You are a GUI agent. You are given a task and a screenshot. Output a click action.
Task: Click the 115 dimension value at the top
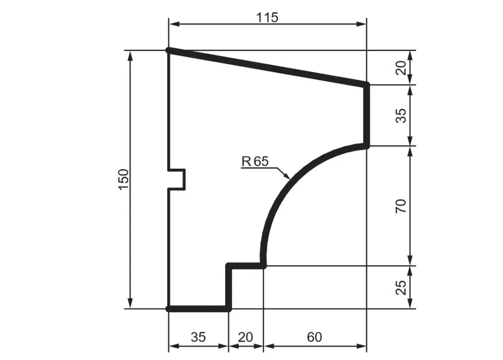coord(268,18)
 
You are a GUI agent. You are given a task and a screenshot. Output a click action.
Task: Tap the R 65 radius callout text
coord(255,162)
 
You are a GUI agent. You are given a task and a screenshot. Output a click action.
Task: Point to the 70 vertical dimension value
coord(401,206)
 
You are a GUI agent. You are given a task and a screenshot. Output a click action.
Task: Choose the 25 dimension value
coord(401,288)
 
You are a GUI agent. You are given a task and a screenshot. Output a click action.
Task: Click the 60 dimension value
coord(315,337)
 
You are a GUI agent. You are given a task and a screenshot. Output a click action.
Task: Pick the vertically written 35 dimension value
coord(401,115)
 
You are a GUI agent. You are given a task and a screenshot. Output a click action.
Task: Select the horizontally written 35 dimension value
coord(198,337)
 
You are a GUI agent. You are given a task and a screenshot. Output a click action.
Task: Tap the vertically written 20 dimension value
coord(401,68)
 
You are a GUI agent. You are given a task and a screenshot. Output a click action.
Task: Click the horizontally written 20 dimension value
coord(246,337)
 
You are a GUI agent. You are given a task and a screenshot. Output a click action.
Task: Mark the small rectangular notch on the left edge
coord(177,179)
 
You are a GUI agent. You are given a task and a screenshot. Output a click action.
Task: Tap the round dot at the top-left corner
coord(168,50)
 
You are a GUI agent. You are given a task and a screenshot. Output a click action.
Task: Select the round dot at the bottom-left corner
coord(168,308)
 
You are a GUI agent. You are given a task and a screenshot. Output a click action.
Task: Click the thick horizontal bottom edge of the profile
coord(198,308)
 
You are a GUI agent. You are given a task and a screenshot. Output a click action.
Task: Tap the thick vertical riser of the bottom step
coord(229,287)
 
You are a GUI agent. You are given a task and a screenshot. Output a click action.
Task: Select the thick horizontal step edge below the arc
coord(246,266)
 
